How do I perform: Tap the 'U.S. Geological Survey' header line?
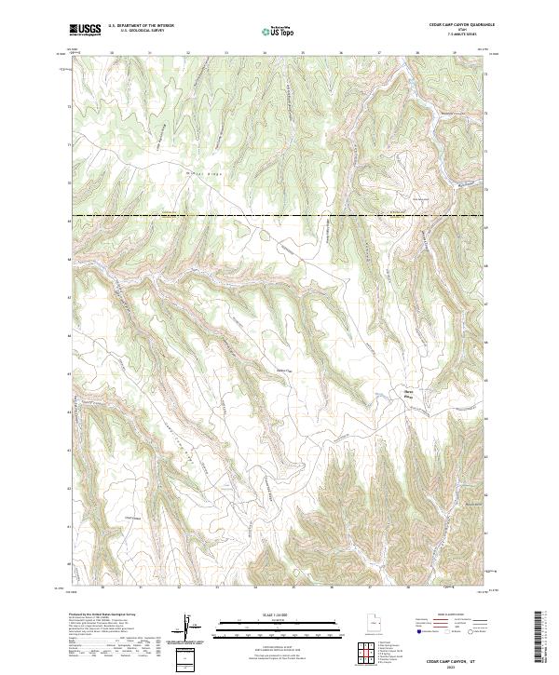tap(136, 32)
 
